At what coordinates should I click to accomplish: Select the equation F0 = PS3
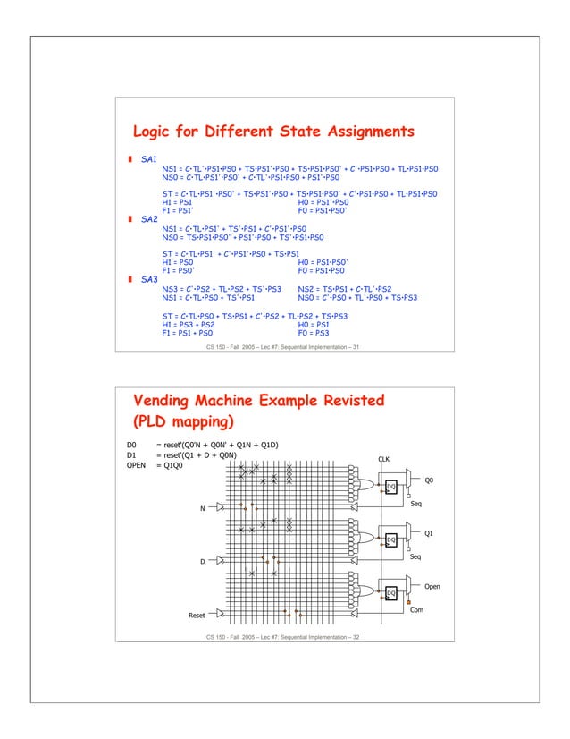[x=314, y=332]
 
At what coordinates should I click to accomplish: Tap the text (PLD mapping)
[x=182, y=421]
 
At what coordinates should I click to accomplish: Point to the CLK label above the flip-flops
[x=384, y=459]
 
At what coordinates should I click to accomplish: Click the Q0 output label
[x=429, y=480]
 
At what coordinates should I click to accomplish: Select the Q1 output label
[x=429, y=533]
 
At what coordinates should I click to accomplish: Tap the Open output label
[x=432, y=587]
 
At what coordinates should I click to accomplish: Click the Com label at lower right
[x=415, y=610]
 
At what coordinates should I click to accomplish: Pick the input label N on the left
[x=202, y=509]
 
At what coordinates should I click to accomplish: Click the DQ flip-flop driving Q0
[x=390, y=487]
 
